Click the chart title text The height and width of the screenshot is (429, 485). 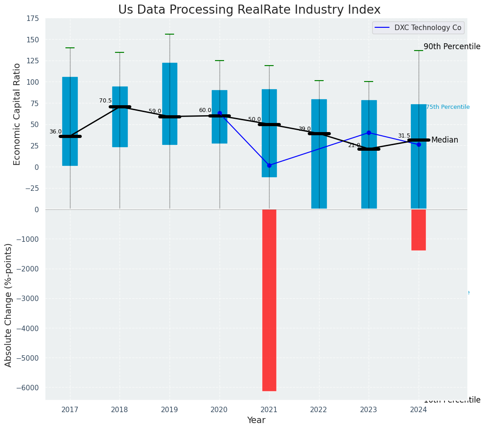pos(249,10)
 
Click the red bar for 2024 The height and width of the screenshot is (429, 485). pos(418,230)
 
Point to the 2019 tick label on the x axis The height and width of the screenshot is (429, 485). pos(170,410)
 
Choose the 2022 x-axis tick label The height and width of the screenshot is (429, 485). pos(319,410)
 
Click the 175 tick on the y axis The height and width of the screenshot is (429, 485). pos(33,19)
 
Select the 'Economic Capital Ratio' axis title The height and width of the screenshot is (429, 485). pos(17,114)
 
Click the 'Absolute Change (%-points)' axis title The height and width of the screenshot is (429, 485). pos(9,305)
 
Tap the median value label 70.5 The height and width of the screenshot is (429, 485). pos(105,101)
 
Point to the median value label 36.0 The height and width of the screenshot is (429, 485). pos(55,132)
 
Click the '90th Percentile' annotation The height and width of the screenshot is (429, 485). pos(452,46)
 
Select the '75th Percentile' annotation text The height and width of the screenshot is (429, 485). pos(448,107)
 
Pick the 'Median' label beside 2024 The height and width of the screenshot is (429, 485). pos(445,140)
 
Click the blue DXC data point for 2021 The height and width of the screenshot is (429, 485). pos(269,165)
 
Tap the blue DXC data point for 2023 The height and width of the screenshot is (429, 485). pos(369,133)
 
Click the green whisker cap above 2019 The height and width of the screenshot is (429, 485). pos(170,34)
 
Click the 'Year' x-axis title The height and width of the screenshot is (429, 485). pos(256,420)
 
